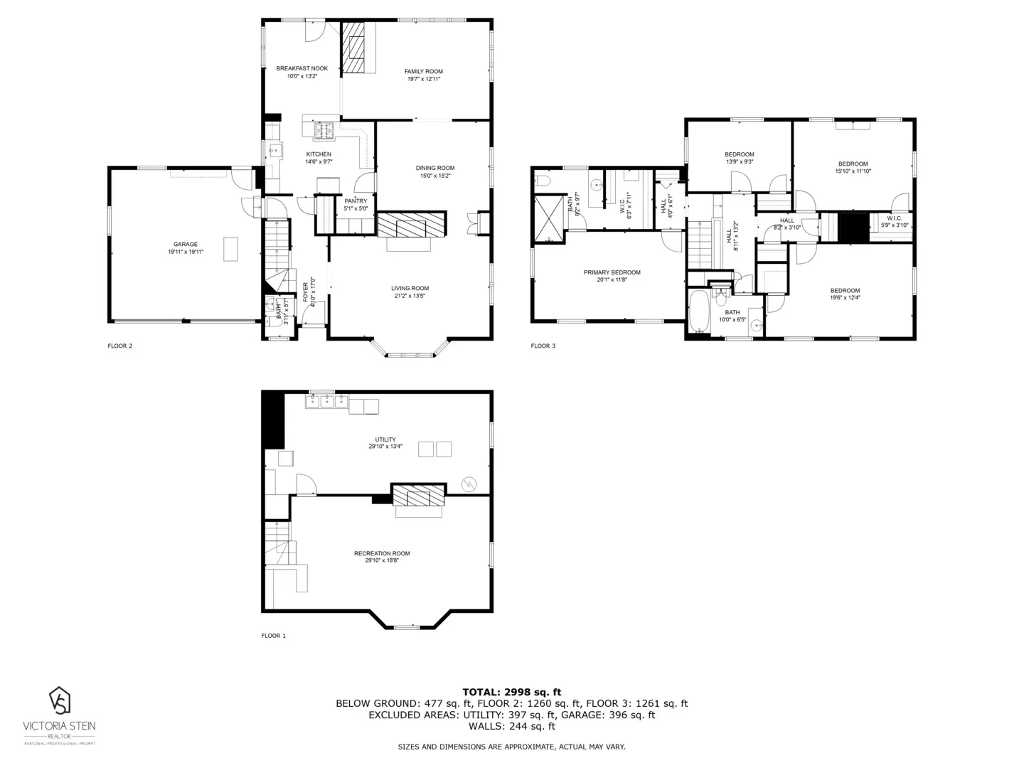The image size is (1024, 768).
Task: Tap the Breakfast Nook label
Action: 302,69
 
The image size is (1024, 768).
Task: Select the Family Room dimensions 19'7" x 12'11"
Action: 424,80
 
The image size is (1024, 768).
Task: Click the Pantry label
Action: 356,201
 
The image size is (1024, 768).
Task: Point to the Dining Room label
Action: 435,169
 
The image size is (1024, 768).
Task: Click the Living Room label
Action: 410,289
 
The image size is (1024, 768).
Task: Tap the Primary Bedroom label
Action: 612,272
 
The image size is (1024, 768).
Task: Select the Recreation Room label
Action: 382,553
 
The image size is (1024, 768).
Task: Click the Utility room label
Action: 385,439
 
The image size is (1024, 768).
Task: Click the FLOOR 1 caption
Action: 273,636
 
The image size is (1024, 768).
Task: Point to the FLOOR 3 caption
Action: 543,346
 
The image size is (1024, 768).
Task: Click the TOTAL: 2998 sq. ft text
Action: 511,692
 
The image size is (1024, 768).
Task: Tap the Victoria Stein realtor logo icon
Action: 60,700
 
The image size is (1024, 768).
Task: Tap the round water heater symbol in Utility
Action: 469,484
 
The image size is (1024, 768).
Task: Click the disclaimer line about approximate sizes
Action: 511,747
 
